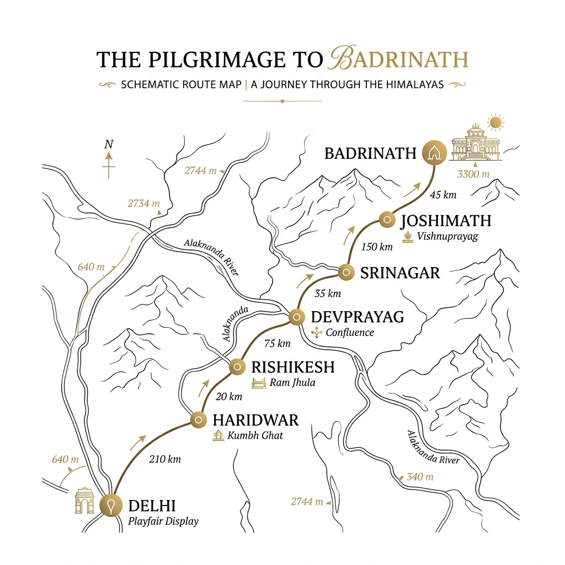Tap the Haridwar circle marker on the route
tap(198, 420)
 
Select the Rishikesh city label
tap(293, 367)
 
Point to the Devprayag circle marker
tap(297, 317)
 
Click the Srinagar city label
tap(400, 272)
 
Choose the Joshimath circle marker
tap(387, 220)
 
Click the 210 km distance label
tap(166, 459)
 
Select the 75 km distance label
tap(277, 344)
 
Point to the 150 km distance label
tap(377, 247)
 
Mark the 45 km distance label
tap(443, 194)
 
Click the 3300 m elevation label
tap(473, 174)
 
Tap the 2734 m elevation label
tap(143, 204)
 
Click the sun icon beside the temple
tap(495, 122)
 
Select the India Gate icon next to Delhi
tap(85, 500)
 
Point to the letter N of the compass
tap(109, 145)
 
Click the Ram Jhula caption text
tap(292, 382)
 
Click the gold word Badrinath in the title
tap(398, 60)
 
